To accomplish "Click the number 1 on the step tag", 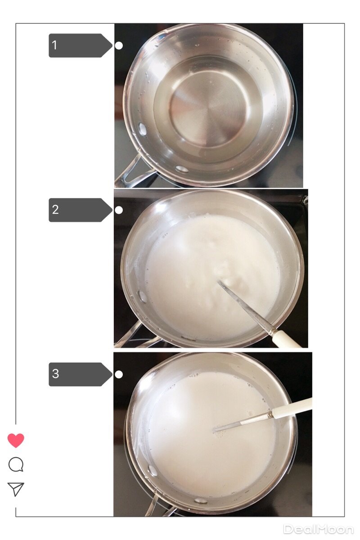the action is (x=54, y=45).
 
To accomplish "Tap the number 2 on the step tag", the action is (x=55, y=210).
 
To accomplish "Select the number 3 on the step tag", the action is (x=55, y=373).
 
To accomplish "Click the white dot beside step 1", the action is (x=119, y=45).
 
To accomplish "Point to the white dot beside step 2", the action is (x=119, y=210).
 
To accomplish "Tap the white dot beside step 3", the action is (x=119, y=374).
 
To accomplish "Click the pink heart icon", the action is (x=16, y=441).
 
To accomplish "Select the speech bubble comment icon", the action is (x=16, y=464).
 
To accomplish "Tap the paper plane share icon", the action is (x=16, y=489).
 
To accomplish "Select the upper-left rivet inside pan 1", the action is (x=142, y=129).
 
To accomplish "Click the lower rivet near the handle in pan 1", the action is (x=182, y=169).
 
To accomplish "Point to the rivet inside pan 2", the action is (x=142, y=297).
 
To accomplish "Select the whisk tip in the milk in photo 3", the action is (x=214, y=430).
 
